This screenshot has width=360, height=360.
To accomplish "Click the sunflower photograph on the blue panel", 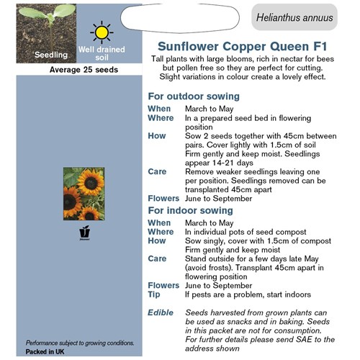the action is (x=83, y=193).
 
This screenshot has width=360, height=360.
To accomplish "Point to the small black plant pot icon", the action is (x=83, y=234).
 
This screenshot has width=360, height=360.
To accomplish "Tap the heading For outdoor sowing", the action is (x=194, y=96).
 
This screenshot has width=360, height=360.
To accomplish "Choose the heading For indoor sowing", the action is (x=190, y=210).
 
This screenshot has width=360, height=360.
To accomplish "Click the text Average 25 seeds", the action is (x=84, y=71).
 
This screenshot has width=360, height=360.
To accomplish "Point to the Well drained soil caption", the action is (x=102, y=53).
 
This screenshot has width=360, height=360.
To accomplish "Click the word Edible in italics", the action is (x=161, y=312).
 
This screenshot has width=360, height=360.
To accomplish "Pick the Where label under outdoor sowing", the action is (x=161, y=118).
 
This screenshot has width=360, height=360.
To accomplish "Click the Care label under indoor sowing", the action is (x=157, y=258).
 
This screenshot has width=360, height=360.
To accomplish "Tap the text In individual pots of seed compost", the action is (x=246, y=232).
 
